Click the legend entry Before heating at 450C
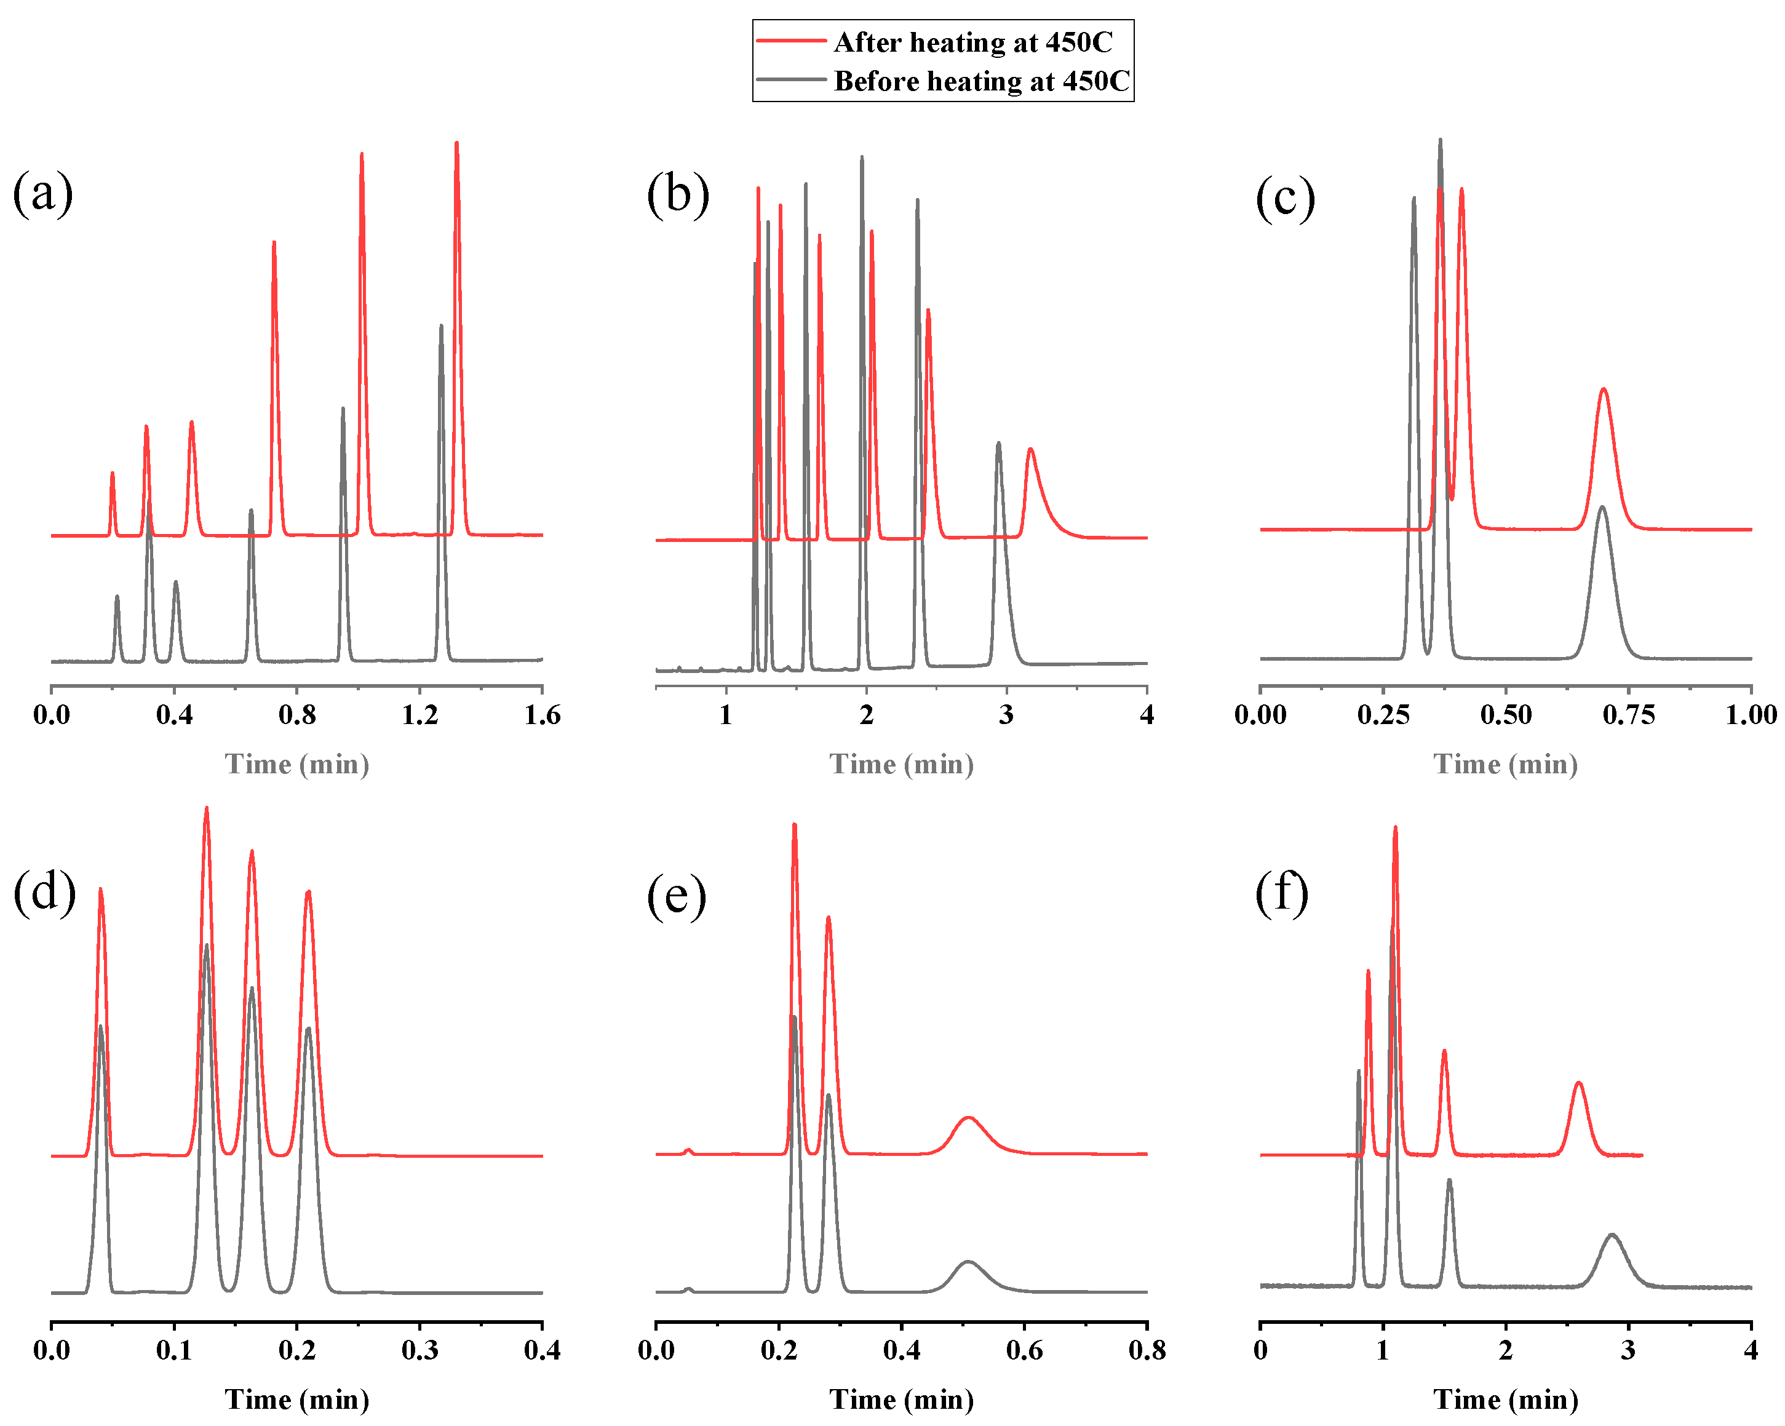pyautogui.click(x=981, y=81)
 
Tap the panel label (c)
pyautogui.click(x=1285, y=199)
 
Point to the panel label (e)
pyautogui.click(x=677, y=895)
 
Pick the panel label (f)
pyautogui.click(x=1282, y=893)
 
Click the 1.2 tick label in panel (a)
pyautogui.click(x=419, y=715)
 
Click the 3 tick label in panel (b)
pyautogui.click(x=1006, y=715)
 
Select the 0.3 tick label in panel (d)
pyautogui.click(x=419, y=1351)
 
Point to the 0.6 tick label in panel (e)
pyautogui.click(x=1024, y=1351)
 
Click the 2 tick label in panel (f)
pyautogui.click(x=1505, y=1351)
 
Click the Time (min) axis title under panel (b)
pyautogui.click(x=902, y=763)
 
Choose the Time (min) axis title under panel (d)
pyautogui.click(x=297, y=1400)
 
